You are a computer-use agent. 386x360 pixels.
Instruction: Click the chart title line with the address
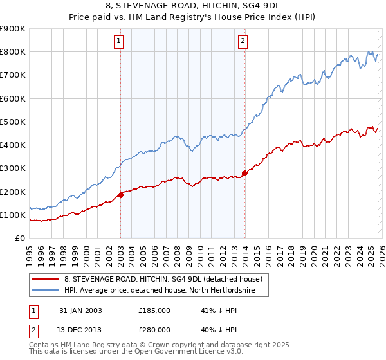[192, 6]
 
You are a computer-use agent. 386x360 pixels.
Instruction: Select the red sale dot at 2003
[121, 195]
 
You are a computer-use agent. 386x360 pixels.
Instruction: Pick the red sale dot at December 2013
[244, 173]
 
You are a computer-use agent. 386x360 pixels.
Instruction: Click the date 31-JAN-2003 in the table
[80, 310]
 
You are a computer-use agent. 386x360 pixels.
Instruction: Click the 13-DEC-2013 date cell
[80, 328]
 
